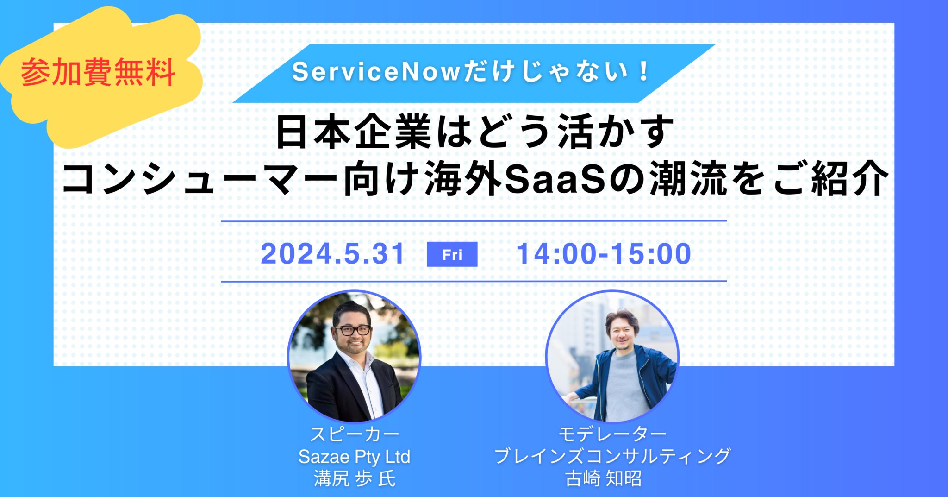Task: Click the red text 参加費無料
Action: [98, 73]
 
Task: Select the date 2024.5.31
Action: [333, 254]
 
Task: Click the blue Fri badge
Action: [452, 254]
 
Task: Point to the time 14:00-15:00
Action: [604, 254]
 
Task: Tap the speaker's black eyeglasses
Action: [353, 330]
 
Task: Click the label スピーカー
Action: [354, 434]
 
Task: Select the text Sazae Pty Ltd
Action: [354, 457]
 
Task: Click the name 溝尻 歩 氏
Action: [354, 479]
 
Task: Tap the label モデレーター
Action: [612, 434]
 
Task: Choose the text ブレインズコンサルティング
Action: [612, 456]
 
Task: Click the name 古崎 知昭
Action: [603, 479]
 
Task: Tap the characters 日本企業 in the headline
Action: [354, 132]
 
